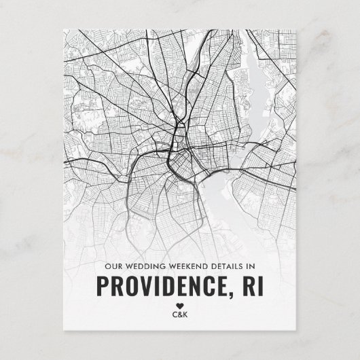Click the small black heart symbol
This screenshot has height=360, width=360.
[180, 304]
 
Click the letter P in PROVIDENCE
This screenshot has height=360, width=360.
[100, 285]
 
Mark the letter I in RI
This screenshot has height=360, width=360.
[261, 285]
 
